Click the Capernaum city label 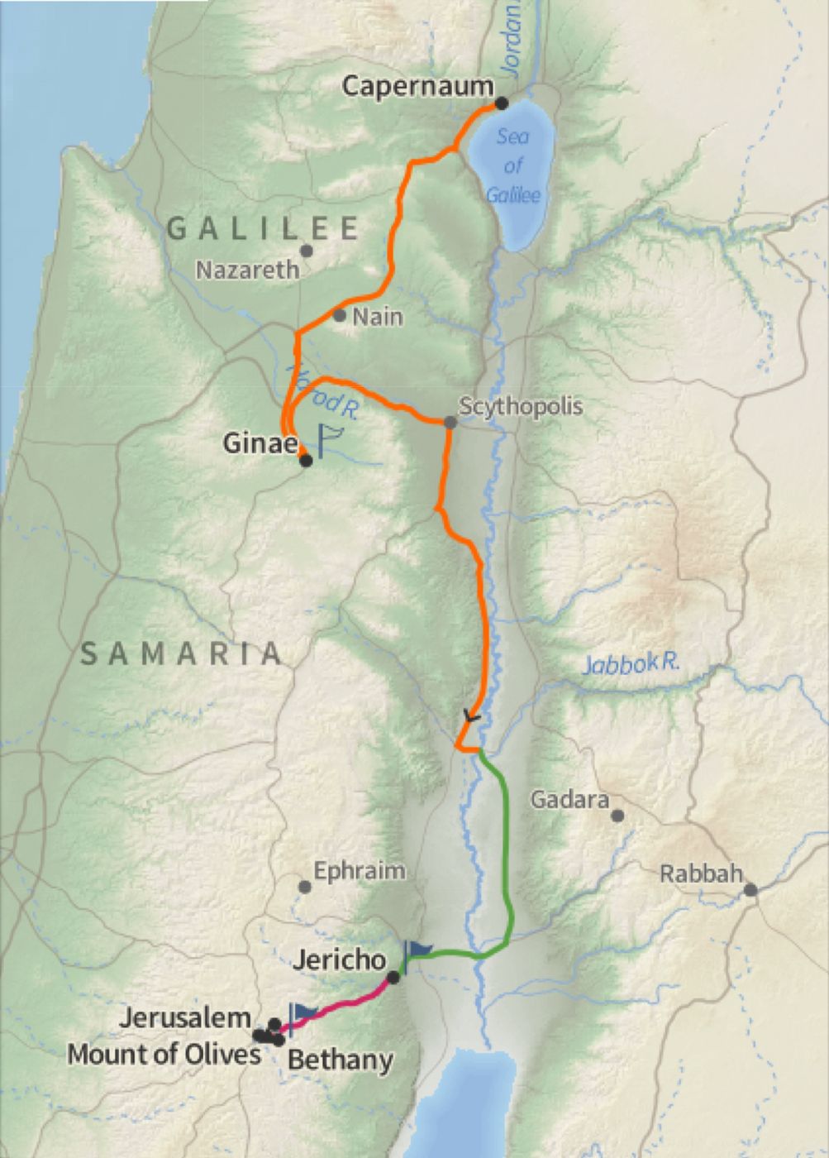click(417, 86)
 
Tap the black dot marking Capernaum click(501, 103)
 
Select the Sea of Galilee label click(512, 165)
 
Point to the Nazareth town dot click(307, 251)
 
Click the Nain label click(378, 317)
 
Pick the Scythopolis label click(521, 406)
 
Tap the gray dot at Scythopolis click(450, 423)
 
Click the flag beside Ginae click(328, 438)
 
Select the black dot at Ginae click(306, 461)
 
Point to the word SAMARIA click(182, 654)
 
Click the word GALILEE click(264, 228)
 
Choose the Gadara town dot click(617, 816)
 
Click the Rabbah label click(702, 874)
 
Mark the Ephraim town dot click(304, 887)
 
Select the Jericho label click(339, 959)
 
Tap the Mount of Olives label click(164, 1055)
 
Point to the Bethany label click(340, 1060)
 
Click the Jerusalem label click(184, 1018)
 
